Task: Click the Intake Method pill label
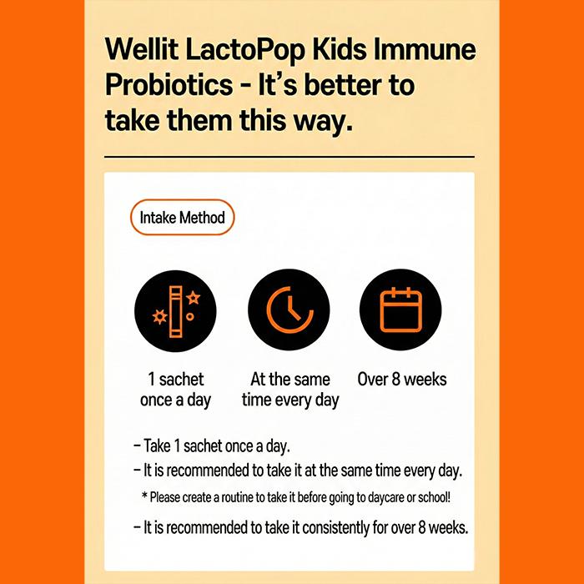pyautogui.click(x=183, y=218)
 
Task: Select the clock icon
pyautogui.click(x=289, y=310)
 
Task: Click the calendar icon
pyautogui.click(x=401, y=310)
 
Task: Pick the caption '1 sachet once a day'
pyautogui.click(x=175, y=390)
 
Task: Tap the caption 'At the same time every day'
pyautogui.click(x=290, y=390)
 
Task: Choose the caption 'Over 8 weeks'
pyautogui.click(x=402, y=380)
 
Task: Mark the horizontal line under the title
pyautogui.click(x=289, y=156)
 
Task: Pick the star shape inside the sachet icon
pyautogui.click(x=193, y=298)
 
